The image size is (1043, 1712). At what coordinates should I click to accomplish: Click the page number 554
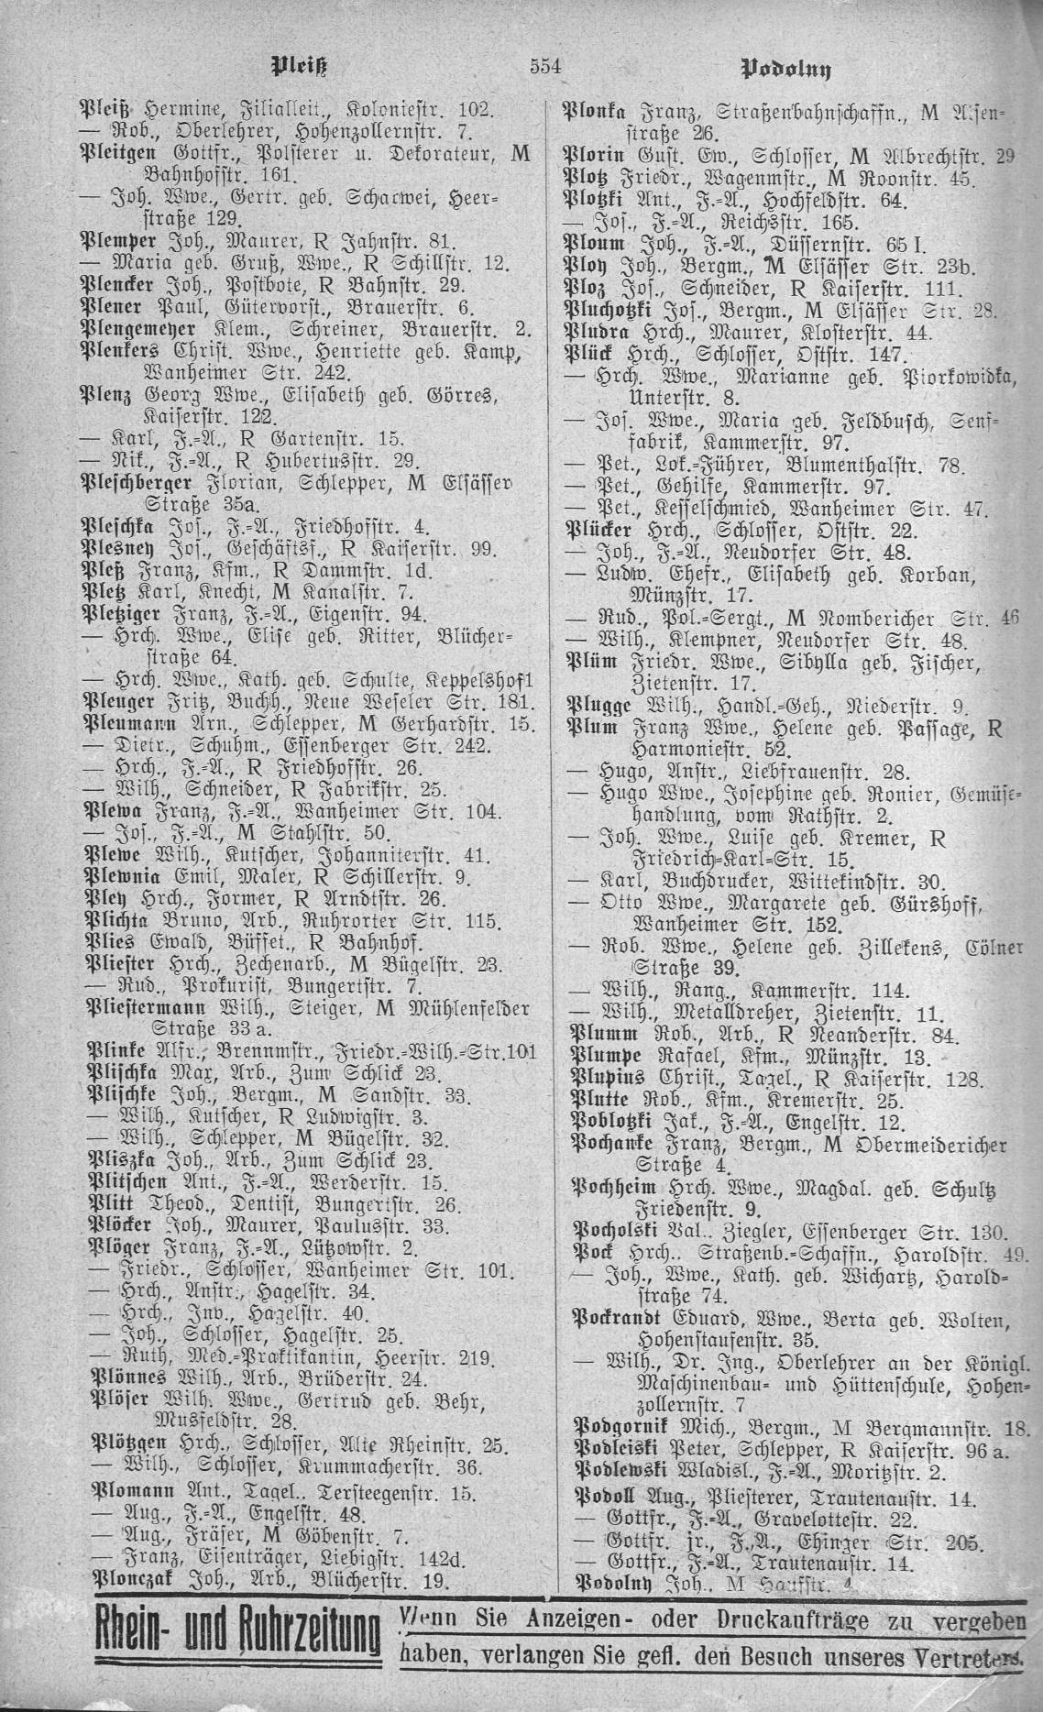pos(544,67)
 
